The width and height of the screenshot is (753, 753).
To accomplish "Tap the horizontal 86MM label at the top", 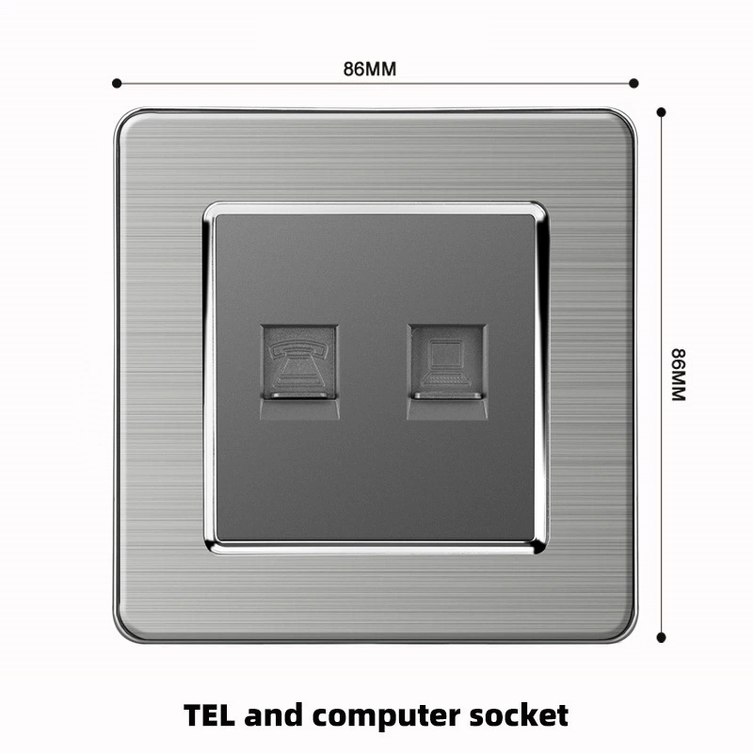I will (369, 68).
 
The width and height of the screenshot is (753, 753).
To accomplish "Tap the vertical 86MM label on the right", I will (679, 375).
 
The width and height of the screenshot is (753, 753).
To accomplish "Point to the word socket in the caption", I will (524, 714).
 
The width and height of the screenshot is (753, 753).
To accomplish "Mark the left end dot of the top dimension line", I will (117, 83).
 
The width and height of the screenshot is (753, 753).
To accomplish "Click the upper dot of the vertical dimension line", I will (662, 112).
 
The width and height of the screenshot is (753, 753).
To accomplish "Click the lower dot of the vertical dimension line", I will (662, 637).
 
